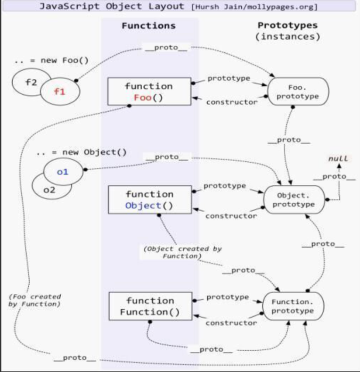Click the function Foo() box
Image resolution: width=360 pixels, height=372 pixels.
pyautogui.click(x=149, y=91)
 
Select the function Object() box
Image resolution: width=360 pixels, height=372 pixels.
pyautogui.click(x=149, y=199)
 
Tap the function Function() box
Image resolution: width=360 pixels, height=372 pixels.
pyautogui.click(x=149, y=306)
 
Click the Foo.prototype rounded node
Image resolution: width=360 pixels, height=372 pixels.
pyautogui.click(x=297, y=92)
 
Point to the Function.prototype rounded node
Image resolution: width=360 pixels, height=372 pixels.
pyautogui.click(x=292, y=306)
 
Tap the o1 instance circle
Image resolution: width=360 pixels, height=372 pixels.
pyautogui.click(x=63, y=172)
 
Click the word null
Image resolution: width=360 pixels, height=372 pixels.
pyautogui.click(x=338, y=159)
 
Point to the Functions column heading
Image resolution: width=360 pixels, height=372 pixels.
pyautogui.click(x=148, y=26)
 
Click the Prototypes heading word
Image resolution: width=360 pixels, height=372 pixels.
pyautogui.click(x=287, y=25)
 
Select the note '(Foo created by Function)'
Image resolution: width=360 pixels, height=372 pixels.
pyautogui.click(x=34, y=300)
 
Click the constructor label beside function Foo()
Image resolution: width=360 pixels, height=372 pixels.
pyautogui.click(x=231, y=102)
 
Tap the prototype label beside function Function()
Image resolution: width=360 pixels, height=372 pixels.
pyautogui.click(x=227, y=297)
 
